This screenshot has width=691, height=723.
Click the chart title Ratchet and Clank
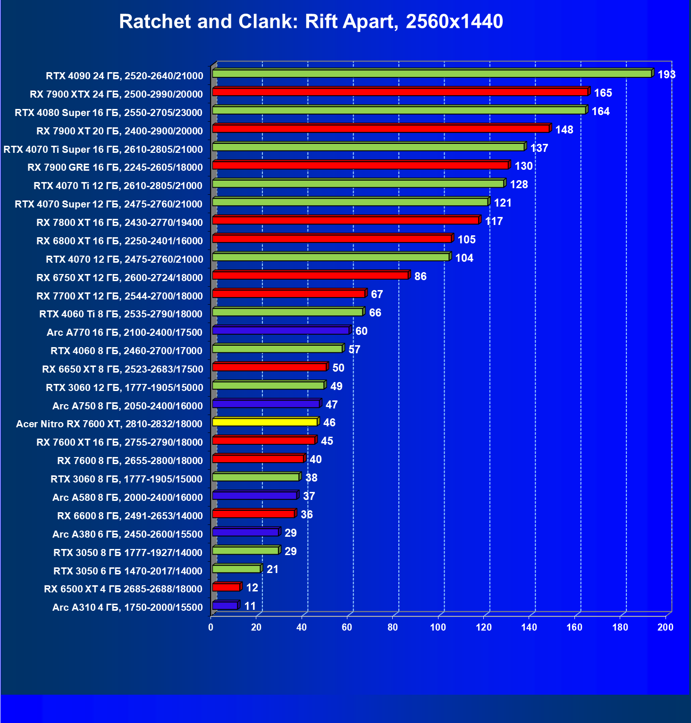click(311, 22)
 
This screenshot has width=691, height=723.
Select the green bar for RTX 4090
click(432, 74)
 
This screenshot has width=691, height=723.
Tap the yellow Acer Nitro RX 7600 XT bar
click(265, 422)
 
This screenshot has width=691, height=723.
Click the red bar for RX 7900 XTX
click(400, 92)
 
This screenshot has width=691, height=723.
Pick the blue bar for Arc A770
click(281, 331)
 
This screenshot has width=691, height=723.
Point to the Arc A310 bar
click(225, 606)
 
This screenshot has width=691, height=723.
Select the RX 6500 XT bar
click(227, 587)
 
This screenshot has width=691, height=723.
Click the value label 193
click(666, 75)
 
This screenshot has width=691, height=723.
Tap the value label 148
click(564, 130)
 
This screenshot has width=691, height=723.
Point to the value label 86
click(420, 276)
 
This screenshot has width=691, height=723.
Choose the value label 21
click(272, 569)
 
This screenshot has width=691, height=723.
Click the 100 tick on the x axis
click(438, 627)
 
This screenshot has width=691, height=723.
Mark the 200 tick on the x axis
click(666, 627)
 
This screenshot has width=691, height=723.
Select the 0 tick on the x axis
click(211, 627)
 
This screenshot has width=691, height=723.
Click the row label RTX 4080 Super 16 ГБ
click(109, 112)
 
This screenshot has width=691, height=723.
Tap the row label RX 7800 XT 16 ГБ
click(119, 223)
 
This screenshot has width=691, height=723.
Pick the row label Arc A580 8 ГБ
click(127, 498)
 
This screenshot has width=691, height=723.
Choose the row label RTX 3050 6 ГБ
click(127, 571)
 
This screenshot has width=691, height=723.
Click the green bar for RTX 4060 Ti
click(287, 312)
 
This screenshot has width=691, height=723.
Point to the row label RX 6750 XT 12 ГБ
click(119, 278)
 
